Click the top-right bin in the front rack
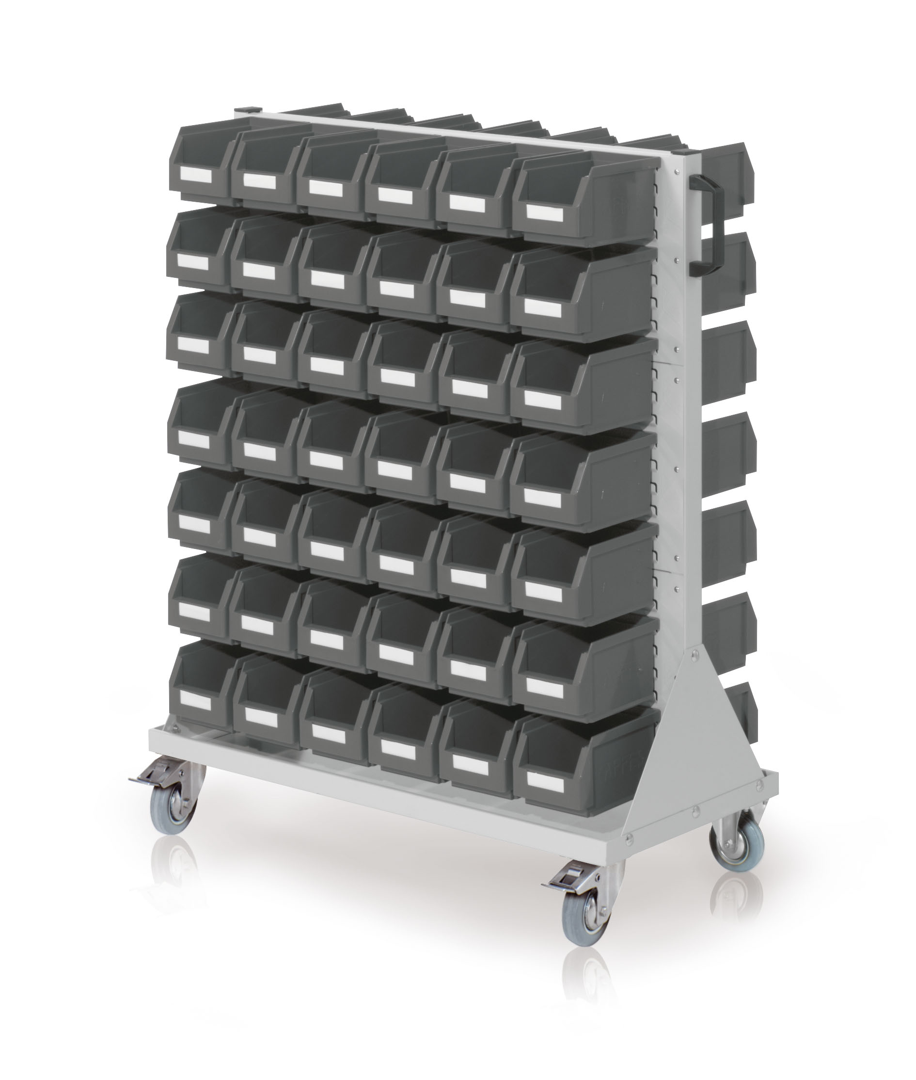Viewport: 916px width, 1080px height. click(582, 197)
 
